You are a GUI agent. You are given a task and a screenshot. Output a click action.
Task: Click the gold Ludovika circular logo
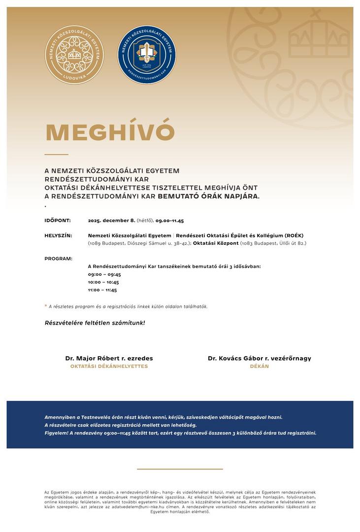click(x=74, y=55)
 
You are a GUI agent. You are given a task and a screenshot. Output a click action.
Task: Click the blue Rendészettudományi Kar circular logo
click(x=147, y=55)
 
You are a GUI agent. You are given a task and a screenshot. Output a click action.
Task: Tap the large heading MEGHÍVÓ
click(x=110, y=132)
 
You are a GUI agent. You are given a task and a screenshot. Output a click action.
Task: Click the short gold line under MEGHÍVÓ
click(x=56, y=154)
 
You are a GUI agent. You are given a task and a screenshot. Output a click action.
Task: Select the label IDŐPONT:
click(x=58, y=220)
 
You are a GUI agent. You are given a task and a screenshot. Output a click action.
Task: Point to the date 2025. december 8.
click(x=111, y=220)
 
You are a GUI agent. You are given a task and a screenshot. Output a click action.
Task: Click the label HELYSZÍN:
click(x=58, y=235)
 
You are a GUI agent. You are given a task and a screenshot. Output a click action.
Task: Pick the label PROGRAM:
click(x=58, y=259)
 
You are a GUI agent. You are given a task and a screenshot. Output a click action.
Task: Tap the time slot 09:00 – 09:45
click(x=104, y=274)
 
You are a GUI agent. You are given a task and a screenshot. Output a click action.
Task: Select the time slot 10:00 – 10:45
click(x=103, y=282)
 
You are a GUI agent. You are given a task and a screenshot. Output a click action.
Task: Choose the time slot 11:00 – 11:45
click(x=102, y=290)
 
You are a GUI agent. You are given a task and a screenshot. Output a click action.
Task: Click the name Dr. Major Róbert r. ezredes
click(x=109, y=358)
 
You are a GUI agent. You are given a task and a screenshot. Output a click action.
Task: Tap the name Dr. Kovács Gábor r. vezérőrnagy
click(x=260, y=358)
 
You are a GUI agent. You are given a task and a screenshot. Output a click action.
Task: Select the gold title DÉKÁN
click(x=260, y=366)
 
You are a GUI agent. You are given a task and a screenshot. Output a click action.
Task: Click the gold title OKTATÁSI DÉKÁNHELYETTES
click(x=109, y=366)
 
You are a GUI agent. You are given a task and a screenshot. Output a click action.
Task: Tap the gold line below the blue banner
click(x=180, y=469)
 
